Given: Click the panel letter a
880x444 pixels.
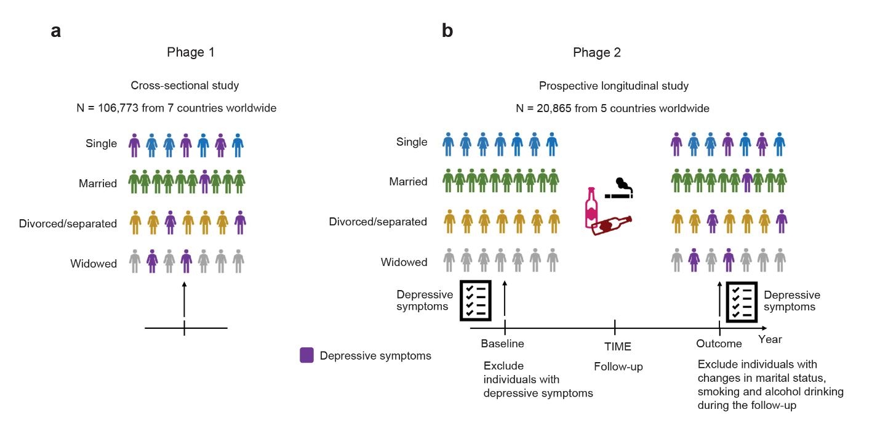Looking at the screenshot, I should [x=56, y=31].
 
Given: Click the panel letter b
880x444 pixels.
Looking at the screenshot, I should [x=447, y=31].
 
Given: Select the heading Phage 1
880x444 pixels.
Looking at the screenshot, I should [x=191, y=52].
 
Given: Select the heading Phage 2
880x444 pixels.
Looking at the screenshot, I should [x=597, y=52].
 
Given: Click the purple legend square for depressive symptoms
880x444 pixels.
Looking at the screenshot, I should [x=306, y=355].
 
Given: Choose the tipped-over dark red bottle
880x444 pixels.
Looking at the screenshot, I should [x=611, y=225].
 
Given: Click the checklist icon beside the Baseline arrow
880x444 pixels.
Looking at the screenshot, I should [x=476, y=301].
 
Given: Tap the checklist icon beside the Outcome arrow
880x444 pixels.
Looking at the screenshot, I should [x=742, y=302].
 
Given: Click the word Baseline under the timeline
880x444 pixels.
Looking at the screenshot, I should [x=502, y=344].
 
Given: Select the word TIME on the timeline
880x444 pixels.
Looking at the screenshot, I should [x=618, y=347].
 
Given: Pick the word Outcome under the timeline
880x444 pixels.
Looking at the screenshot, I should [x=719, y=344].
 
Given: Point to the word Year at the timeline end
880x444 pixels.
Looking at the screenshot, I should [x=770, y=339].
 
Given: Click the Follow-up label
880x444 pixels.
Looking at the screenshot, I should [x=618, y=367].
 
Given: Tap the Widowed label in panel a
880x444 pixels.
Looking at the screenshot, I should [x=94, y=264].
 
